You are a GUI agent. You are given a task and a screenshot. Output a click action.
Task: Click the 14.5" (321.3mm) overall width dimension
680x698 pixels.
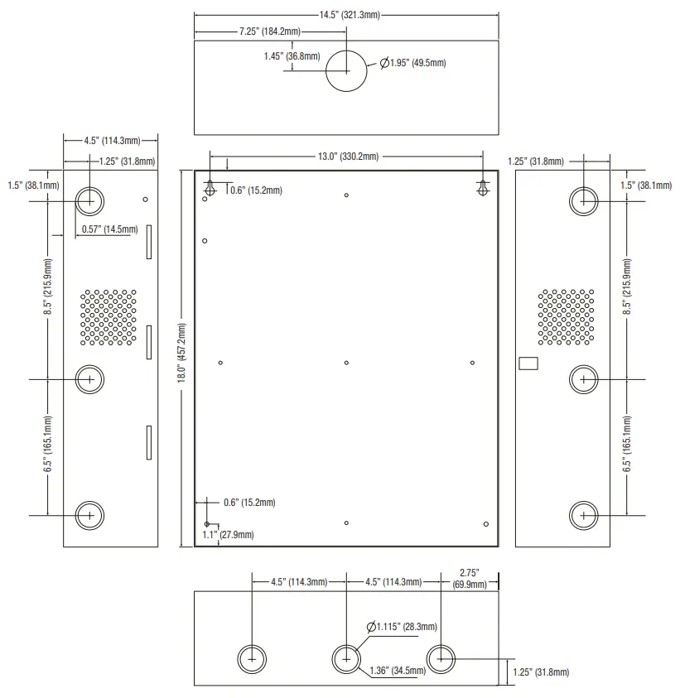pos(346,15)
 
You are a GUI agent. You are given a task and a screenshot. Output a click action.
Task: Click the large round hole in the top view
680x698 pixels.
pos(346,71)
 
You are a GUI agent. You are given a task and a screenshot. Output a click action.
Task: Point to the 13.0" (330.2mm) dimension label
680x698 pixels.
pos(347,156)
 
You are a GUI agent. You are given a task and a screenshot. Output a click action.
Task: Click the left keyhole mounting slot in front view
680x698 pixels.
pos(210,189)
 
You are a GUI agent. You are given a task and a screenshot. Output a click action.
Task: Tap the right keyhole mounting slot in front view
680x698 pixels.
pos(483,189)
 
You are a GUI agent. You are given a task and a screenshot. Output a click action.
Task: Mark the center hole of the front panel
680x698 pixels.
pos(346,363)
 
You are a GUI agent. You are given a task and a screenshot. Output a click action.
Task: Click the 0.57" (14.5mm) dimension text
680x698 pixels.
pos(109,229)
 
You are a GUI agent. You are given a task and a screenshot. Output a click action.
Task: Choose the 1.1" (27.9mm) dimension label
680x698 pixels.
pos(229,535)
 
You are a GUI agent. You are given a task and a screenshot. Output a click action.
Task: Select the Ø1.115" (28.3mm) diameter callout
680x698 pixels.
pos(407,627)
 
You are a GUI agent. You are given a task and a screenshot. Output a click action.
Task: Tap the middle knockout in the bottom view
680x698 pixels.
pos(346,659)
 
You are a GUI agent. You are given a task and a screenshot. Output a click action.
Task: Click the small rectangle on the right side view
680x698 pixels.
pos(528,363)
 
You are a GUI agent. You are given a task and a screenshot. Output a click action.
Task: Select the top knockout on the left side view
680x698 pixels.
pos(89,200)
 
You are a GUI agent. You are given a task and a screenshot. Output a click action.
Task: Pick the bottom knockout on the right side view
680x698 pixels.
pos(584,515)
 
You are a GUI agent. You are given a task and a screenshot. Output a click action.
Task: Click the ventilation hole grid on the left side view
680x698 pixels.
pos(109,317)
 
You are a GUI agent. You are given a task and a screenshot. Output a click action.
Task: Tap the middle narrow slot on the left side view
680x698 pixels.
pos(149,341)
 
